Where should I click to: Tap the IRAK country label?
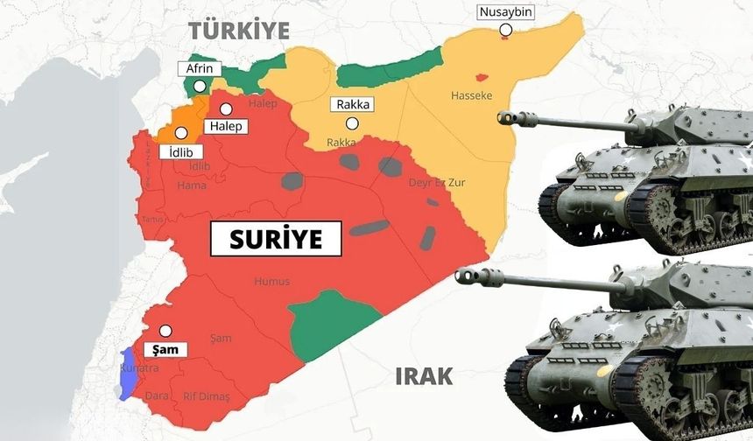(425, 377)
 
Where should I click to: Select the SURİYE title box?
(277, 239)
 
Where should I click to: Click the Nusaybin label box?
(505, 12)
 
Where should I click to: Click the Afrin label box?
(200, 69)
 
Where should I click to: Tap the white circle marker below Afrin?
(201, 86)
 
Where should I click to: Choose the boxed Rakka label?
(352, 105)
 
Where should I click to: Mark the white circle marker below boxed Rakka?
(352, 123)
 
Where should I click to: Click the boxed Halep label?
(224, 127)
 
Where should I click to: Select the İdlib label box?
(182, 151)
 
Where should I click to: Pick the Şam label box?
(165, 349)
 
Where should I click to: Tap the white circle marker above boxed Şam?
(165, 331)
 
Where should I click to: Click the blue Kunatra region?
(128, 372)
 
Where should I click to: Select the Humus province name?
(271, 281)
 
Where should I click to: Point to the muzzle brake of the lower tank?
(466, 276)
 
